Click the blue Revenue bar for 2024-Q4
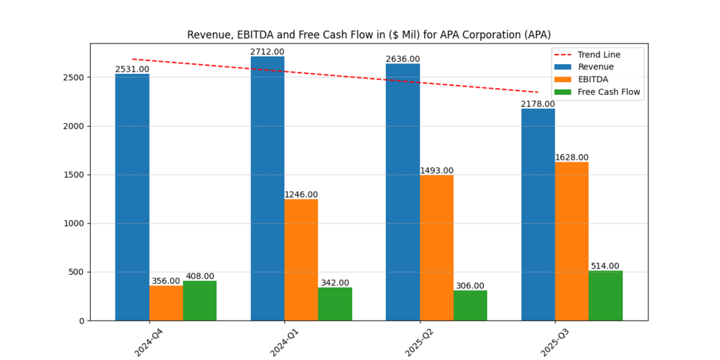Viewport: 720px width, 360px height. coord(132,197)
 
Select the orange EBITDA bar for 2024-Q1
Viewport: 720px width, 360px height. coord(301,259)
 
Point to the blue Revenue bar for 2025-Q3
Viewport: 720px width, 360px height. coord(538,214)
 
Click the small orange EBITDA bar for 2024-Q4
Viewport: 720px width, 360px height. coord(166,303)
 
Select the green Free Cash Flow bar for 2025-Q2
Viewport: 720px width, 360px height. coord(470,305)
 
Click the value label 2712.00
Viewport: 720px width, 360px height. coord(267,52)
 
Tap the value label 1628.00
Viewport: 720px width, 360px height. coord(572,157)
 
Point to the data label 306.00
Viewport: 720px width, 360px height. coord(470,285)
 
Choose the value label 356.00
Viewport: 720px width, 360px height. coord(166,281)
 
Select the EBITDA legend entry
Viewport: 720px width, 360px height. coord(593,79)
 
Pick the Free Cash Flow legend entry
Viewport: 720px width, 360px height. coord(609,91)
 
